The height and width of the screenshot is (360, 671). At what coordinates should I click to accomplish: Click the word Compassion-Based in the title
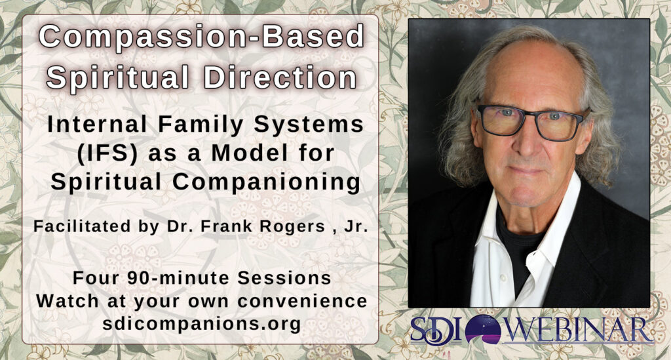201,37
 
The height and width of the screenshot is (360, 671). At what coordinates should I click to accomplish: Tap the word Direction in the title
280,78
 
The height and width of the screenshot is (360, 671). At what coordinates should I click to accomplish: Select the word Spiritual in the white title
118,79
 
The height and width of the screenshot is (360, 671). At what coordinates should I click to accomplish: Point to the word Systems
309,125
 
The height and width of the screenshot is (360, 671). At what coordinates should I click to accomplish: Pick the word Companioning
266,182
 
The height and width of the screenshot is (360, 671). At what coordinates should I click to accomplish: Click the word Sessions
284,278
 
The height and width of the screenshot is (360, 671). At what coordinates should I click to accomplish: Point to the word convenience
302,301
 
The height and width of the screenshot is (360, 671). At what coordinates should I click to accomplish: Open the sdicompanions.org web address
202,323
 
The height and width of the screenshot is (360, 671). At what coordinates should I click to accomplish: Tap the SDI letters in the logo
436,330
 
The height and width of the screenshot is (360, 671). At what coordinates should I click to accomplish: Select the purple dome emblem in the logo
483,329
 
